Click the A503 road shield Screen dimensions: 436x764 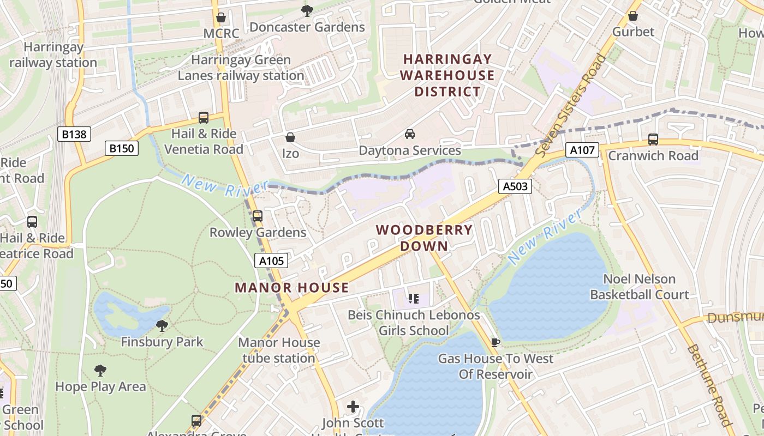(515, 186)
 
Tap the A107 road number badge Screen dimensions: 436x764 (582, 150)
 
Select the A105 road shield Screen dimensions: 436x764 (271, 261)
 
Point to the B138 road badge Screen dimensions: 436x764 (74, 134)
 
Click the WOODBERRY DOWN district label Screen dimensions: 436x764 (424, 238)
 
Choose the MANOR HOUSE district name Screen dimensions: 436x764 (291, 288)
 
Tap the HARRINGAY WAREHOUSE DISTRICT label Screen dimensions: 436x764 (447, 75)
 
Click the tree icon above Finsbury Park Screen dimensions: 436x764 (162, 326)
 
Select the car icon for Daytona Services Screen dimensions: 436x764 (409, 134)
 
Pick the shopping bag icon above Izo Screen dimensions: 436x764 (290, 137)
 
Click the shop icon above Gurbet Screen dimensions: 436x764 (632, 16)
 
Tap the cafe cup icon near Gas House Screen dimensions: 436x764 (495, 342)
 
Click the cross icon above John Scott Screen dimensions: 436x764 (353, 407)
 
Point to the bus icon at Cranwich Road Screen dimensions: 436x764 (653, 140)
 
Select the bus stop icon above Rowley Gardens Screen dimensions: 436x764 (258, 216)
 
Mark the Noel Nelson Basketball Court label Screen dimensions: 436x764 (639, 287)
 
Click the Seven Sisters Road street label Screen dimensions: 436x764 (571, 106)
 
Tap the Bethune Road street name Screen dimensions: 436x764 (708, 385)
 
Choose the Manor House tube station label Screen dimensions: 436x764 (279, 350)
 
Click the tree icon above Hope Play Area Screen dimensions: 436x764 (100, 371)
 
